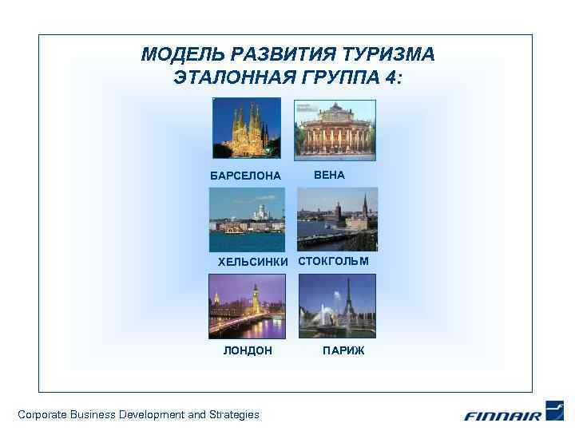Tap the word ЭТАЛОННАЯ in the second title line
[225, 77]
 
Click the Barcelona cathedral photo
[246, 128]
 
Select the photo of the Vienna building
[335, 129]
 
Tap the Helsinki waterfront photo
[247, 219]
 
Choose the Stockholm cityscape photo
[337, 219]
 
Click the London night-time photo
[247, 306]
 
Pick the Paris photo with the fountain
[336, 306]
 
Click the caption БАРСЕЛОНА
[245, 176]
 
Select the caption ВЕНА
[329, 175]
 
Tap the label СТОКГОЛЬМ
[334, 261]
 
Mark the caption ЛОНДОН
[248, 350]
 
